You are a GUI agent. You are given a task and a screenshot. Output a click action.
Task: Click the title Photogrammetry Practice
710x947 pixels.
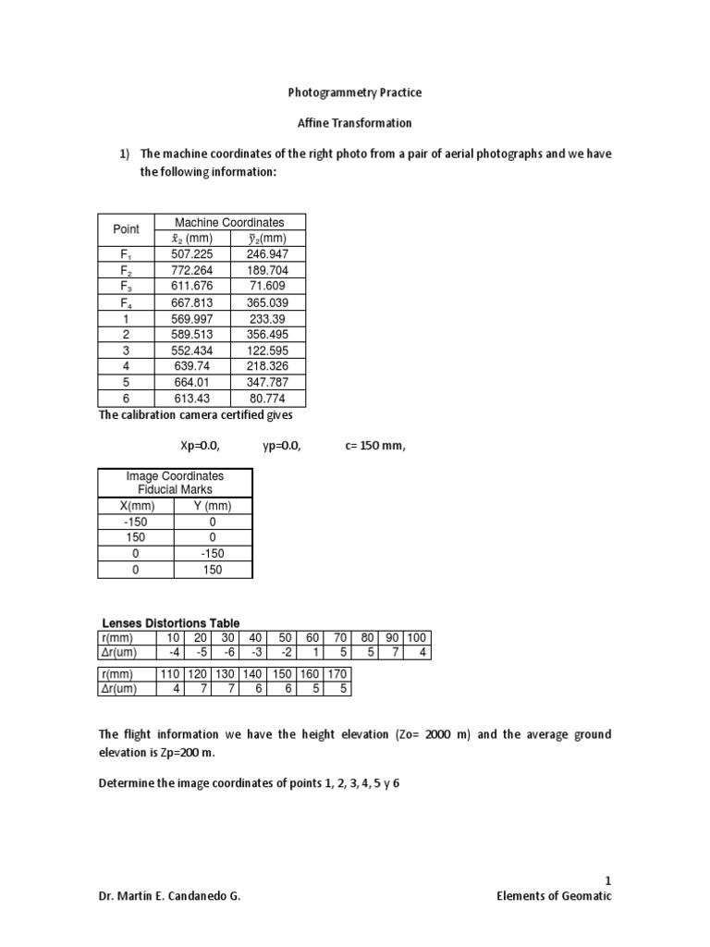pyautogui.click(x=356, y=93)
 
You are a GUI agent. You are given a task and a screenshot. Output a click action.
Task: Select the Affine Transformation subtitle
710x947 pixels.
pyautogui.click(x=356, y=123)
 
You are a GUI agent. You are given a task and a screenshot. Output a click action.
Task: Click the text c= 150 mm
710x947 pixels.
pyautogui.click(x=375, y=447)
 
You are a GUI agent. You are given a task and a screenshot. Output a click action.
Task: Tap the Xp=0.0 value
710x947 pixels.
pyautogui.click(x=200, y=447)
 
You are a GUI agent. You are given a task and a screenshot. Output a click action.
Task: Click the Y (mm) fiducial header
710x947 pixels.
pyautogui.click(x=213, y=506)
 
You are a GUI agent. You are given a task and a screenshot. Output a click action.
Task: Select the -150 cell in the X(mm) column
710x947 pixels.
pyautogui.click(x=136, y=522)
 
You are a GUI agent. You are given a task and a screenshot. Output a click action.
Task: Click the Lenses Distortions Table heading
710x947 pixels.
pyautogui.click(x=169, y=623)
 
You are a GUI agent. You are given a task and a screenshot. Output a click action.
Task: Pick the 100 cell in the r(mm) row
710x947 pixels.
pyautogui.click(x=418, y=637)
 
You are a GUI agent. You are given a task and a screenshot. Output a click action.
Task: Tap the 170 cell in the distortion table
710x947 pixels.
pyautogui.click(x=339, y=674)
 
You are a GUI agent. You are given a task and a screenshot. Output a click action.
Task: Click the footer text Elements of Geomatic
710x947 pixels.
pyautogui.click(x=555, y=897)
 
